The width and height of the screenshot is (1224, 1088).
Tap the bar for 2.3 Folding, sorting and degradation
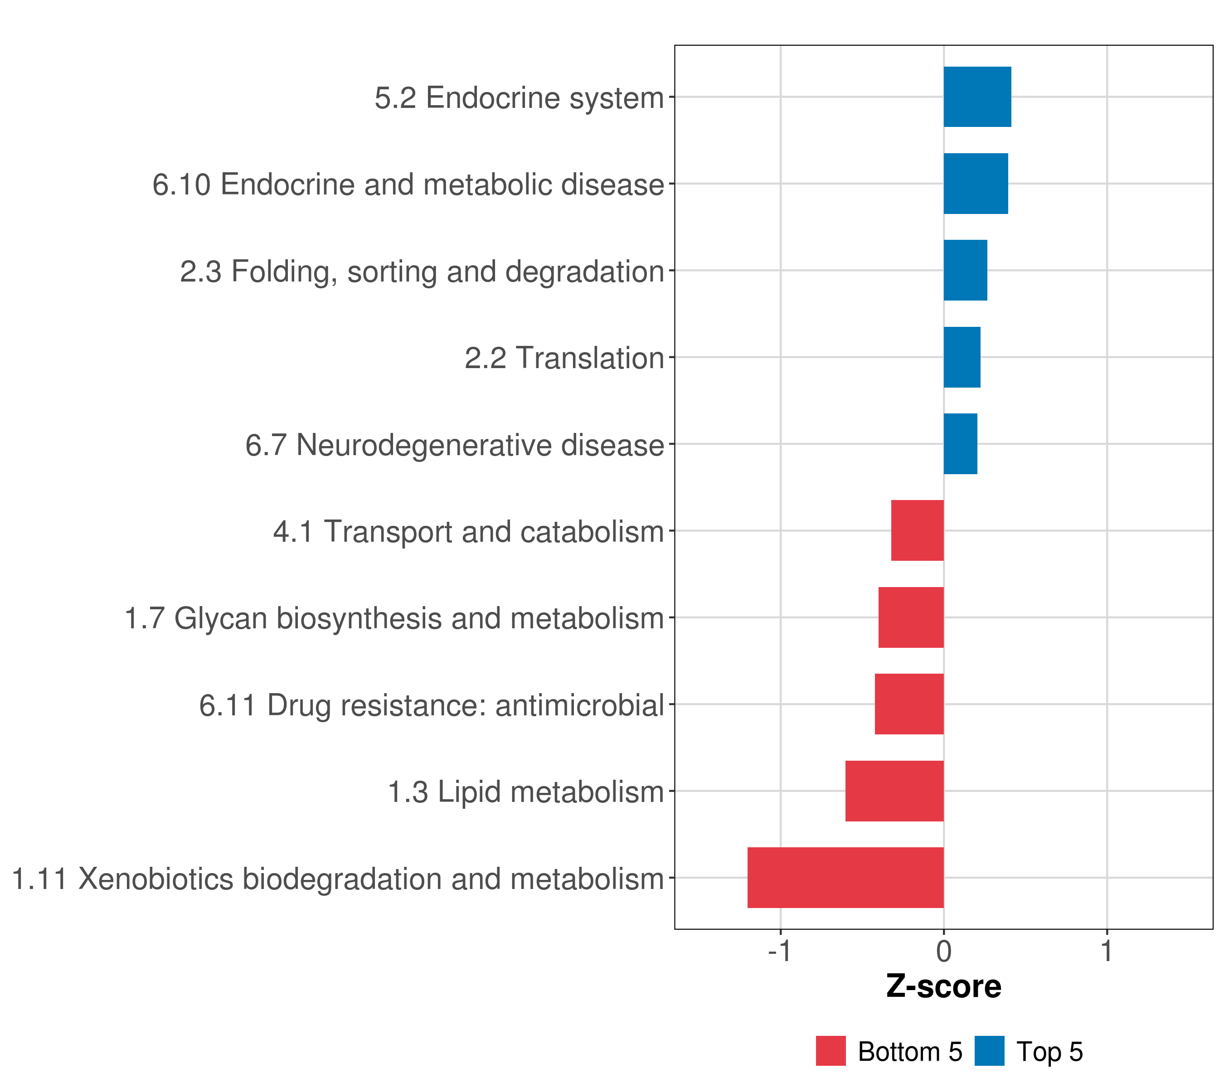[965, 271]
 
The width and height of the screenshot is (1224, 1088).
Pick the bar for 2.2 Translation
[962, 358]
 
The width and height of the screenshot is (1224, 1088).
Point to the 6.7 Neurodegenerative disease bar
[960, 444]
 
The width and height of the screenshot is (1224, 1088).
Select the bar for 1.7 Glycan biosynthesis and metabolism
[911, 617]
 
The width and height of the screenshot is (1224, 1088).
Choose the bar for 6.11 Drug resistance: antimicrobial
[908, 704]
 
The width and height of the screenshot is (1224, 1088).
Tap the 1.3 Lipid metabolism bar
[894, 791]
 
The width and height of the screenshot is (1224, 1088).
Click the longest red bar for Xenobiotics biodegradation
[845, 878]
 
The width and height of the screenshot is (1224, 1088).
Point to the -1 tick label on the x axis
[780, 952]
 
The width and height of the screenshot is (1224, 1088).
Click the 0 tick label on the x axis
[944, 952]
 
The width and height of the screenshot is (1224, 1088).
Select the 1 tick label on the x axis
[1107, 952]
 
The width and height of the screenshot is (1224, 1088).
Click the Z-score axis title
[944, 987]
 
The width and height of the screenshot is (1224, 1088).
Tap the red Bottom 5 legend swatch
[831, 1051]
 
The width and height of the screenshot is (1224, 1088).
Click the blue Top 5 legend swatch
[989, 1051]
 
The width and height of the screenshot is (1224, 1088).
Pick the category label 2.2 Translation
[564, 359]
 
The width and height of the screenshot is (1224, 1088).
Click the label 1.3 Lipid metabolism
[526, 792]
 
